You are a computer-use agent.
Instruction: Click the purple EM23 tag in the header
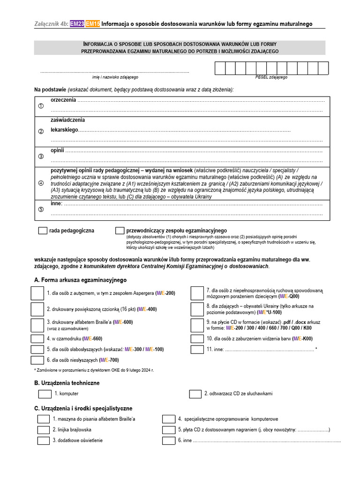click(x=77, y=24)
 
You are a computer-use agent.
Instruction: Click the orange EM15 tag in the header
click(x=93, y=24)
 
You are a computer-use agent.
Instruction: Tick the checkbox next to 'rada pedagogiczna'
click(x=43, y=231)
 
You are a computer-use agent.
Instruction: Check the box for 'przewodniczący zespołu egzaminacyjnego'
click(x=120, y=231)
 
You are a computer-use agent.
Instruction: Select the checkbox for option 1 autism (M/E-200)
click(x=37, y=293)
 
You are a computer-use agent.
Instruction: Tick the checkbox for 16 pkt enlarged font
click(x=37, y=309)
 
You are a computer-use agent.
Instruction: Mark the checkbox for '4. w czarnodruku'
click(x=37, y=338)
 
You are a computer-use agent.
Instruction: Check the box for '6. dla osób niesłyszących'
click(x=37, y=360)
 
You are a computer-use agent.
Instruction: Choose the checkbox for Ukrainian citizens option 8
click(x=197, y=309)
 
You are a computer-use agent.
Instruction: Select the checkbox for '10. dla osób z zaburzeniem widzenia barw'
click(x=197, y=338)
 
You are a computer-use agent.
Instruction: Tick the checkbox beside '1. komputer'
click(x=45, y=394)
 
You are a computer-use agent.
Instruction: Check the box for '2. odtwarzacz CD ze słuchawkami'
click(x=195, y=394)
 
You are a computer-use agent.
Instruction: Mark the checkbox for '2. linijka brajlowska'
click(x=43, y=430)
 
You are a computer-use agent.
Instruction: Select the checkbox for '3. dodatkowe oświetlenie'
click(x=43, y=441)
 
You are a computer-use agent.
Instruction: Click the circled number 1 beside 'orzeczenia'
click(x=41, y=106)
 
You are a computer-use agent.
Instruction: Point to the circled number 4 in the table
click(x=41, y=183)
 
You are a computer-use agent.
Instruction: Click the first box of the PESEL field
click(x=220, y=68)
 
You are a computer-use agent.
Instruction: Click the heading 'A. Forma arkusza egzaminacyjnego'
click(x=81, y=280)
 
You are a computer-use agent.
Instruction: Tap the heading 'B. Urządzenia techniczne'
click(x=67, y=383)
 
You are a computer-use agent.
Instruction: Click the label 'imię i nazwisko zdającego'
click(x=115, y=77)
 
